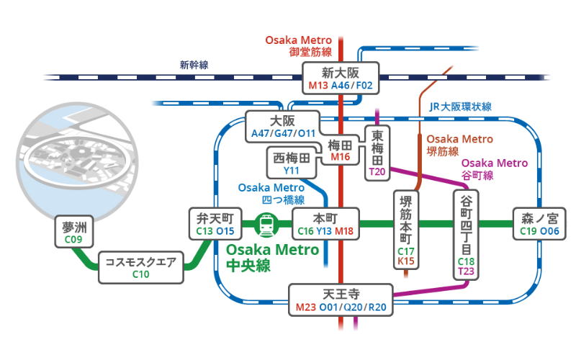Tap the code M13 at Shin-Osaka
click(318, 86)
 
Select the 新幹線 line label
click(194, 65)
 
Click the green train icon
click(267, 225)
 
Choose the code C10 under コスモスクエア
click(140, 274)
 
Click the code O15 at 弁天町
click(226, 231)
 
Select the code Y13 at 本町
click(324, 231)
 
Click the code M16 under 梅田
click(340, 157)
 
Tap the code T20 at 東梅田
click(377, 172)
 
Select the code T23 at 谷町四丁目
click(466, 271)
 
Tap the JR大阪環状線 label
click(460, 107)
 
